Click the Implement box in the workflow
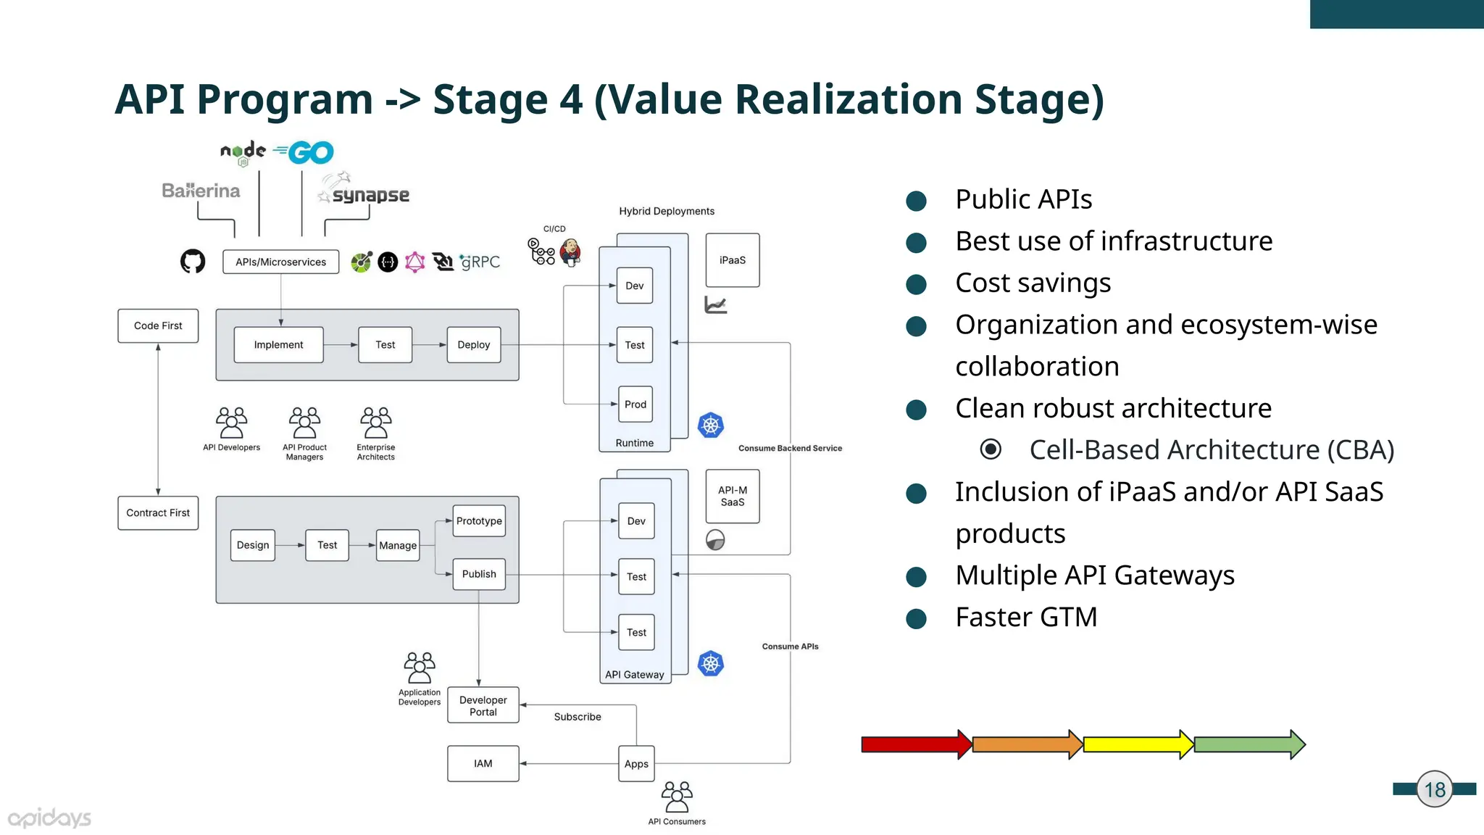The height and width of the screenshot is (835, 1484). [x=278, y=345]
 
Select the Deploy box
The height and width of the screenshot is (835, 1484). [x=474, y=345]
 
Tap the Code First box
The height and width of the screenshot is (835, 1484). [x=158, y=326]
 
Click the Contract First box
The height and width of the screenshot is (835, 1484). [x=158, y=513]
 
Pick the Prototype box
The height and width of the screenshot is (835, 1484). [x=479, y=521]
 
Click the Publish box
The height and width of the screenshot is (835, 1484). [x=479, y=574]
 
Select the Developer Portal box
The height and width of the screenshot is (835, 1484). [x=483, y=705]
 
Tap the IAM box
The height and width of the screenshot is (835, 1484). [x=483, y=764]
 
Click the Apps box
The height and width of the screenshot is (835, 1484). [x=636, y=764]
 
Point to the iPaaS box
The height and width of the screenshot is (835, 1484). [x=733, y=260]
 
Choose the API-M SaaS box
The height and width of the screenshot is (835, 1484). [x=733, y=497]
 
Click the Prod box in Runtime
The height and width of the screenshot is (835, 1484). [x=635, y=404]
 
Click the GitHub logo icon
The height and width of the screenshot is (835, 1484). [x=193, y=261]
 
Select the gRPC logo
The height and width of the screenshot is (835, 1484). [x=480, y=262]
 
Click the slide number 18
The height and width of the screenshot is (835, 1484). [x=1435, y=789]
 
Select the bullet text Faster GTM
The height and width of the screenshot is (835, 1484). [x=1026, y=618]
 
